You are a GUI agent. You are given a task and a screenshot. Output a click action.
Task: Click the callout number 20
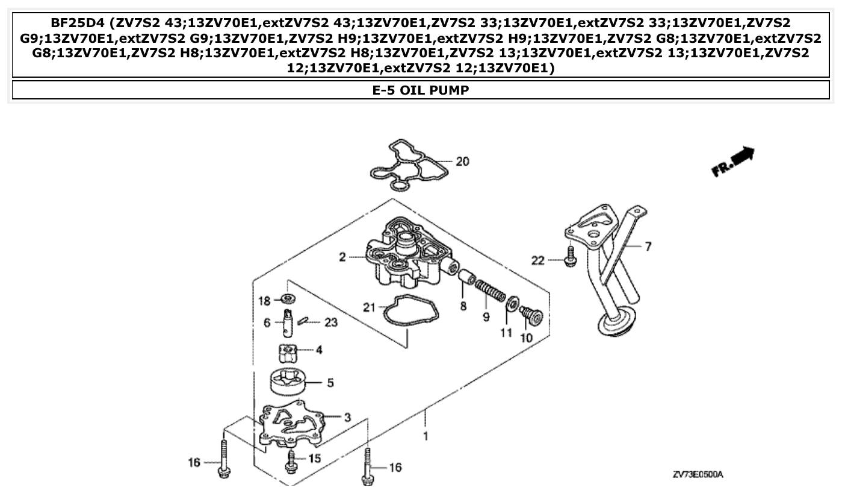(462, 162)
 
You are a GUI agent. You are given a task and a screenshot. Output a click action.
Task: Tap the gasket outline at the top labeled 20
(409, 162)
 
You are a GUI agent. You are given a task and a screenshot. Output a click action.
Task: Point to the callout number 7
(648, 246)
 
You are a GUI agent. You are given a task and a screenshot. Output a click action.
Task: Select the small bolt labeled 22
(569, 256)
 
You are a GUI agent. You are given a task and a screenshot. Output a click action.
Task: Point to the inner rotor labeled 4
(289, 350)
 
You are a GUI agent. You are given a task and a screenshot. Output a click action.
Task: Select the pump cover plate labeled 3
(292, 424)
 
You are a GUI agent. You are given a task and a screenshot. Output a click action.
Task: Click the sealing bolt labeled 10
(530, 315)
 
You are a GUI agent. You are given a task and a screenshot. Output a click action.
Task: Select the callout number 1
(426, 436)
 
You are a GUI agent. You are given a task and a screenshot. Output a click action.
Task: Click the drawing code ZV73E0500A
(698, 475)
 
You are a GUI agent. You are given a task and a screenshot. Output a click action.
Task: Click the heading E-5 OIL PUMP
(421, 90)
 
